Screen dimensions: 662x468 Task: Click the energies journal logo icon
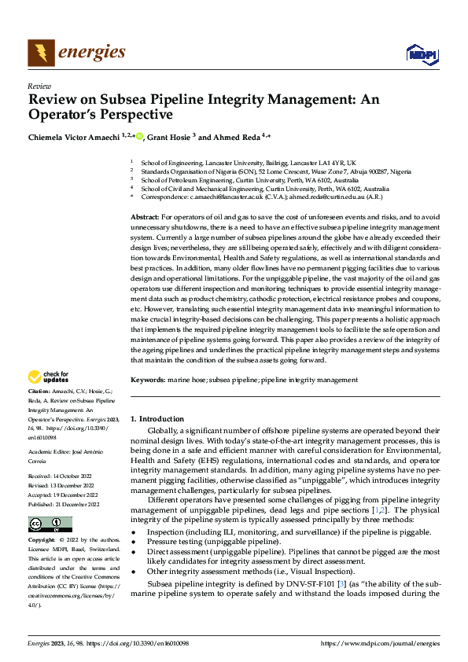click(x=40, y=53)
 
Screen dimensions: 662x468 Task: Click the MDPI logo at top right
click(x=418, y=53)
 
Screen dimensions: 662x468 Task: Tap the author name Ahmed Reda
click(x=239, y=137)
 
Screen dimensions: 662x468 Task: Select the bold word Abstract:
click(x=144, y=215)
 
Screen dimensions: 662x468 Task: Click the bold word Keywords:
click(x=147, y=379)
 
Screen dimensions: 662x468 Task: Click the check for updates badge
click(x=48, y=377)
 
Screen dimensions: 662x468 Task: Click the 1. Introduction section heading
click(x=157, y=419)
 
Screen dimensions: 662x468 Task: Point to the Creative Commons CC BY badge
click(x=50, y=502)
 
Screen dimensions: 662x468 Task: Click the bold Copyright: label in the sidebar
click(x=42, y=519)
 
